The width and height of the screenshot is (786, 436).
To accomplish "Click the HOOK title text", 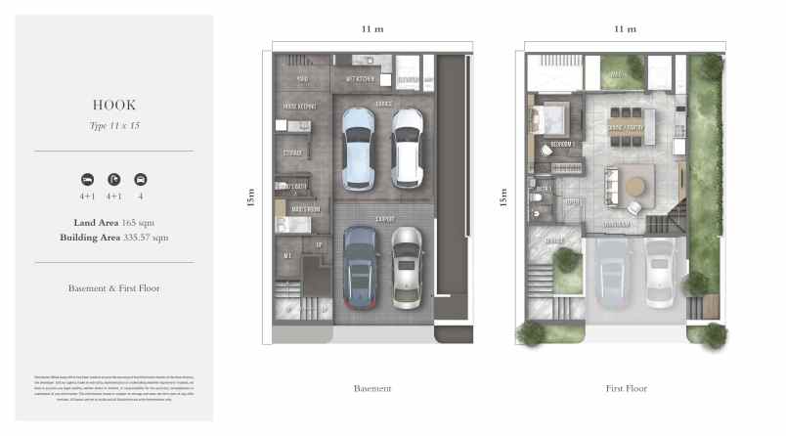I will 113,105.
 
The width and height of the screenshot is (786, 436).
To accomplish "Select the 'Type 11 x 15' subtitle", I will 113,125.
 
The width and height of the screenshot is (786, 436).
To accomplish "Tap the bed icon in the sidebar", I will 87,180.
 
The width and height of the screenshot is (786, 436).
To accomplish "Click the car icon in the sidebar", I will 140,180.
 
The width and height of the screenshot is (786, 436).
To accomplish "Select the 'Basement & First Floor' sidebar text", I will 113,288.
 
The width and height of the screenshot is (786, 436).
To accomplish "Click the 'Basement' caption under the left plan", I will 371,388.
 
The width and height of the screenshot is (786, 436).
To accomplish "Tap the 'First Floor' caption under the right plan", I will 625,388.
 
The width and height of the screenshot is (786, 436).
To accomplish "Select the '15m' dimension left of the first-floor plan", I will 502,198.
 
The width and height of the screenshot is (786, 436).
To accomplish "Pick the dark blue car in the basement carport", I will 359,269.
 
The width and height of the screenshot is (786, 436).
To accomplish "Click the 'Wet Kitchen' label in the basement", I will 361,78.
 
